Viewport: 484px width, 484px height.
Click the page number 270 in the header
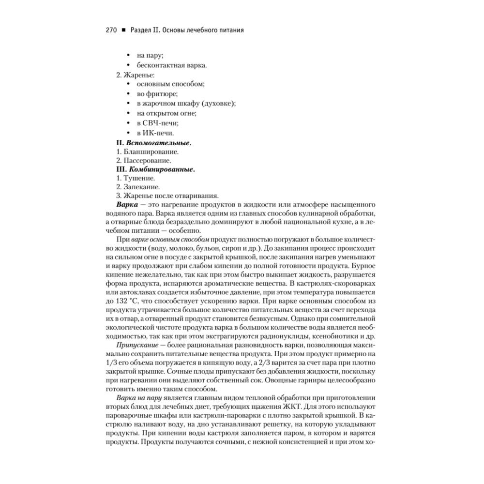111,30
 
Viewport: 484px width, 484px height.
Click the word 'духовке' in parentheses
219,103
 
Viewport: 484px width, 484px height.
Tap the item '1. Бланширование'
141,152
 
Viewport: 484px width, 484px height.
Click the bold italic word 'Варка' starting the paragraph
127,205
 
